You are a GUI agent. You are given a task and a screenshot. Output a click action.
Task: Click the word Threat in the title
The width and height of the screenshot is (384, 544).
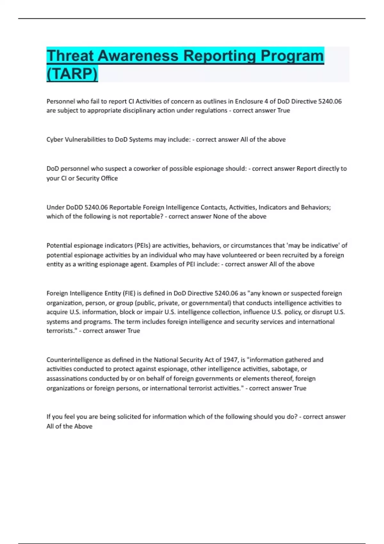pyautogui.click(x=71, y=56)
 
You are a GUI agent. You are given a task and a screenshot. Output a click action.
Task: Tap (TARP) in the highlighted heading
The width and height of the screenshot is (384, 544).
pyautogui.click(x=72, y=74)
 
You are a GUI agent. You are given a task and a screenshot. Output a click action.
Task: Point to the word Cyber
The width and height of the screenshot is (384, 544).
pyautogui.click(x=55, y=140)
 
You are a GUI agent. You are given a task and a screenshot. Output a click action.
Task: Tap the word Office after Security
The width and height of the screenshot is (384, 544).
pyautogui.click(x=109, y=178)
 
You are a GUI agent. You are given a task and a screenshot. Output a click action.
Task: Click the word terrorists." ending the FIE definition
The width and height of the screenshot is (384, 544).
pyautogui.click(x=61, y=331)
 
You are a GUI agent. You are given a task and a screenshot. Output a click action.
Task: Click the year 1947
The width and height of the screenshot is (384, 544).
pyautogui.click(x=230, y=360)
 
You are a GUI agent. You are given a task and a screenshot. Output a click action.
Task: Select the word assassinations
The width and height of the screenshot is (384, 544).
pyautogui.click(x=67, y=379)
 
